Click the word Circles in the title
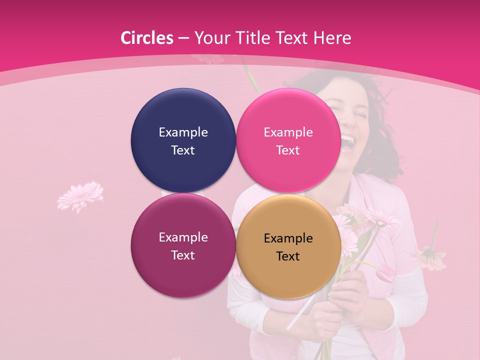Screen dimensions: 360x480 (x=146, y=38)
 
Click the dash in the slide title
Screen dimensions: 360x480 (x=183, y=38)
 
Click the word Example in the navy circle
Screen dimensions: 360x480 (x=183, y=132)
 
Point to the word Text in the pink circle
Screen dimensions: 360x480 (x=288, y=150)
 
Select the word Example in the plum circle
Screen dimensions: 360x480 (x=183, y=237)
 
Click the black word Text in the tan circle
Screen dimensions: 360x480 (x=288, y=256)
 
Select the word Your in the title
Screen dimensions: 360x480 (x=210, y=38)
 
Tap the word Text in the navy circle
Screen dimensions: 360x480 (x=183, y=150)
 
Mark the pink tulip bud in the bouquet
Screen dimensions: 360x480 (x=386, y=273)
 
